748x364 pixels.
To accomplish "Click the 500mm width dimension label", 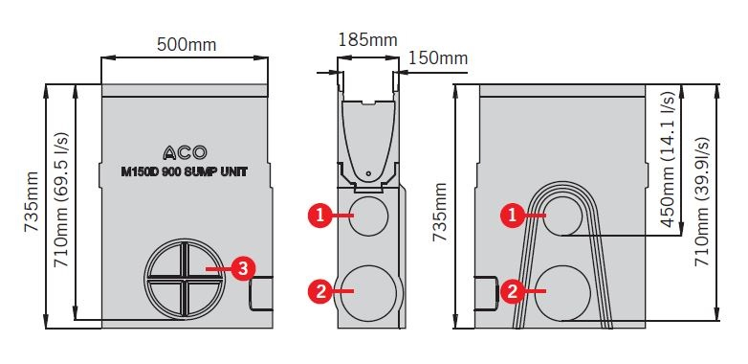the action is coord(187,44).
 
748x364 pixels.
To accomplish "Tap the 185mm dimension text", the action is coord(368,39).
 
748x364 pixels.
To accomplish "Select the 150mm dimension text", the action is coord(438,57).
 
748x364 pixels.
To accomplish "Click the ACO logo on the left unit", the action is coord(186,152).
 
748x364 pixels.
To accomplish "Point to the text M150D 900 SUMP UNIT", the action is coord(185,172).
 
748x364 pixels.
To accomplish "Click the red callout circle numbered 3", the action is coord(243,269).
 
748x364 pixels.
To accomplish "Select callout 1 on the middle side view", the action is coord(320,216).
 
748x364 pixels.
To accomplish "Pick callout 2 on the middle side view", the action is coord(320,290).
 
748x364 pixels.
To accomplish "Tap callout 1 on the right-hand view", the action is coord(513,216).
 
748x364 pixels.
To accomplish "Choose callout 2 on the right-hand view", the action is coord(513,291).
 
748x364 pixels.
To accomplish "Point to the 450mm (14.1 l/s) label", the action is coord(668,160).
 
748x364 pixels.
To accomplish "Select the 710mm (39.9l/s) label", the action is coord(702,201).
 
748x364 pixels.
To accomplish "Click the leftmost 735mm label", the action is coord(32,201).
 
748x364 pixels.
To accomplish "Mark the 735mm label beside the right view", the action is coord(440,212).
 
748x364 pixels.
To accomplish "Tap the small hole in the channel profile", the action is coord(368,173).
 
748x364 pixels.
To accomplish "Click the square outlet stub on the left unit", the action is coord(260,293).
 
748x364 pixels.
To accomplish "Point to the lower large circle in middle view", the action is coord(369,293).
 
